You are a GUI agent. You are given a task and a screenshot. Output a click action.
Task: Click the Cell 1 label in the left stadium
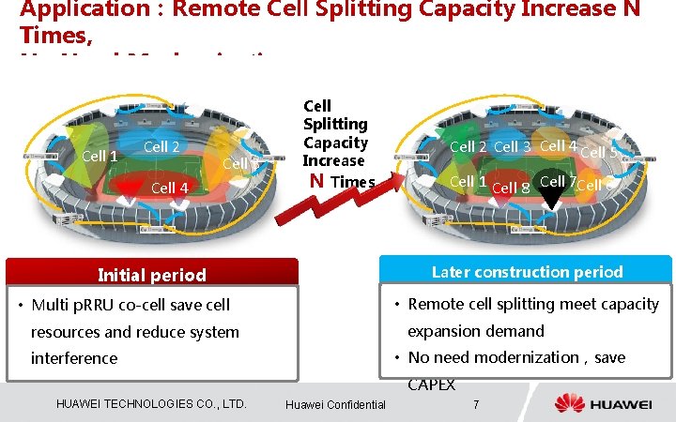[x=100, y=156]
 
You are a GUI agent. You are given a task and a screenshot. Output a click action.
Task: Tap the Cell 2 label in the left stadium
[x=161, y=146]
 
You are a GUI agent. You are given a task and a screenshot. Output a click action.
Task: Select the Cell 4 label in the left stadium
[x=170, y=188]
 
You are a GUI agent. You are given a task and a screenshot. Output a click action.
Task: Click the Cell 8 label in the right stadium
[x=511, y=188]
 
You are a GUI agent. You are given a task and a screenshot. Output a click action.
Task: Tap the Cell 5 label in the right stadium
[x=599, y=152]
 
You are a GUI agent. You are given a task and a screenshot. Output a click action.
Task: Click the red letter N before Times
[x=316, y=181]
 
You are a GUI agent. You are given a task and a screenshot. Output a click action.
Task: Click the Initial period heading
[x=152, y=275]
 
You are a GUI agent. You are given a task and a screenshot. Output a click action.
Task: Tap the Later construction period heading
[x=527, y=272]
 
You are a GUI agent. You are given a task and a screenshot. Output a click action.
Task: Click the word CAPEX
[x=431, y=384]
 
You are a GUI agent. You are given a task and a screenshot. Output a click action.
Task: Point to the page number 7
[x=477, y=404]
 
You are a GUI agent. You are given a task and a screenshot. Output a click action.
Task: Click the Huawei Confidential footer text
[x=335, y=404]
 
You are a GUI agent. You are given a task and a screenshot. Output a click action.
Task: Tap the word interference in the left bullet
[x=74, y=358]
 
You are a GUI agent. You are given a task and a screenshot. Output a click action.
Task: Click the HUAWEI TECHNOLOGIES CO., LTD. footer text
[x=151, y=404]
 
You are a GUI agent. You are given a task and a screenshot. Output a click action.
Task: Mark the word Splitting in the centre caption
[x=335, y=124]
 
